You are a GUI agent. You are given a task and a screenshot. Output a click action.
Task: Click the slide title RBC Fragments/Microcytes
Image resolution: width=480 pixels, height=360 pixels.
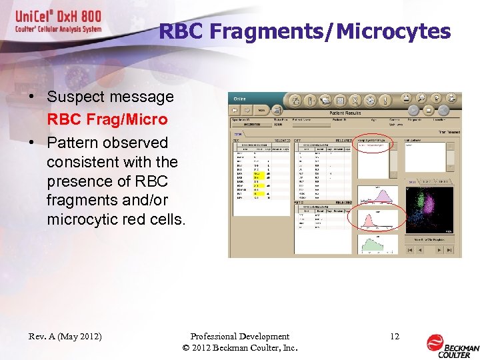[x=305, y=31]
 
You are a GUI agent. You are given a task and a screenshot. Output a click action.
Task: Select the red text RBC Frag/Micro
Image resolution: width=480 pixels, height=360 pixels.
[x=107, y=119]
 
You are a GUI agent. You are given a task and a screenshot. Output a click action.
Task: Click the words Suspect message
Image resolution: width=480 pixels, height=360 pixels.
[x=110, y=97]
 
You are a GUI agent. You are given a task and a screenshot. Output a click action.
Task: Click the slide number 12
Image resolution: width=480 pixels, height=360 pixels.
[x=395, y=337]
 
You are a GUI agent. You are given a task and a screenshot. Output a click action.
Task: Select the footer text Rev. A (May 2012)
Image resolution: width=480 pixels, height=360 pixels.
[x=65, y=337]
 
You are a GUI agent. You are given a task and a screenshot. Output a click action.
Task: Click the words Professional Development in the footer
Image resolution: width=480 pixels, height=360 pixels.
[x=239, y=337]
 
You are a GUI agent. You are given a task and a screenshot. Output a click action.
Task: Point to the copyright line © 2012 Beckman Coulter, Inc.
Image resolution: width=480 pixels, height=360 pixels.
[x=239, y=349]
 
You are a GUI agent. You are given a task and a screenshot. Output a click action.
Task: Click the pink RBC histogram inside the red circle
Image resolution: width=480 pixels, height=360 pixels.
[x=378, y=221]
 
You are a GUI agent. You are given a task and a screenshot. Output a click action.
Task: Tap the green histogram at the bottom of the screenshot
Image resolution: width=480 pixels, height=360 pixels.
[x=378, y=245]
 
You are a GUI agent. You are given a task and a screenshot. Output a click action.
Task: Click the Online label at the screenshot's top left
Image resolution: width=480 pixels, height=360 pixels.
[x=239, y=99]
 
